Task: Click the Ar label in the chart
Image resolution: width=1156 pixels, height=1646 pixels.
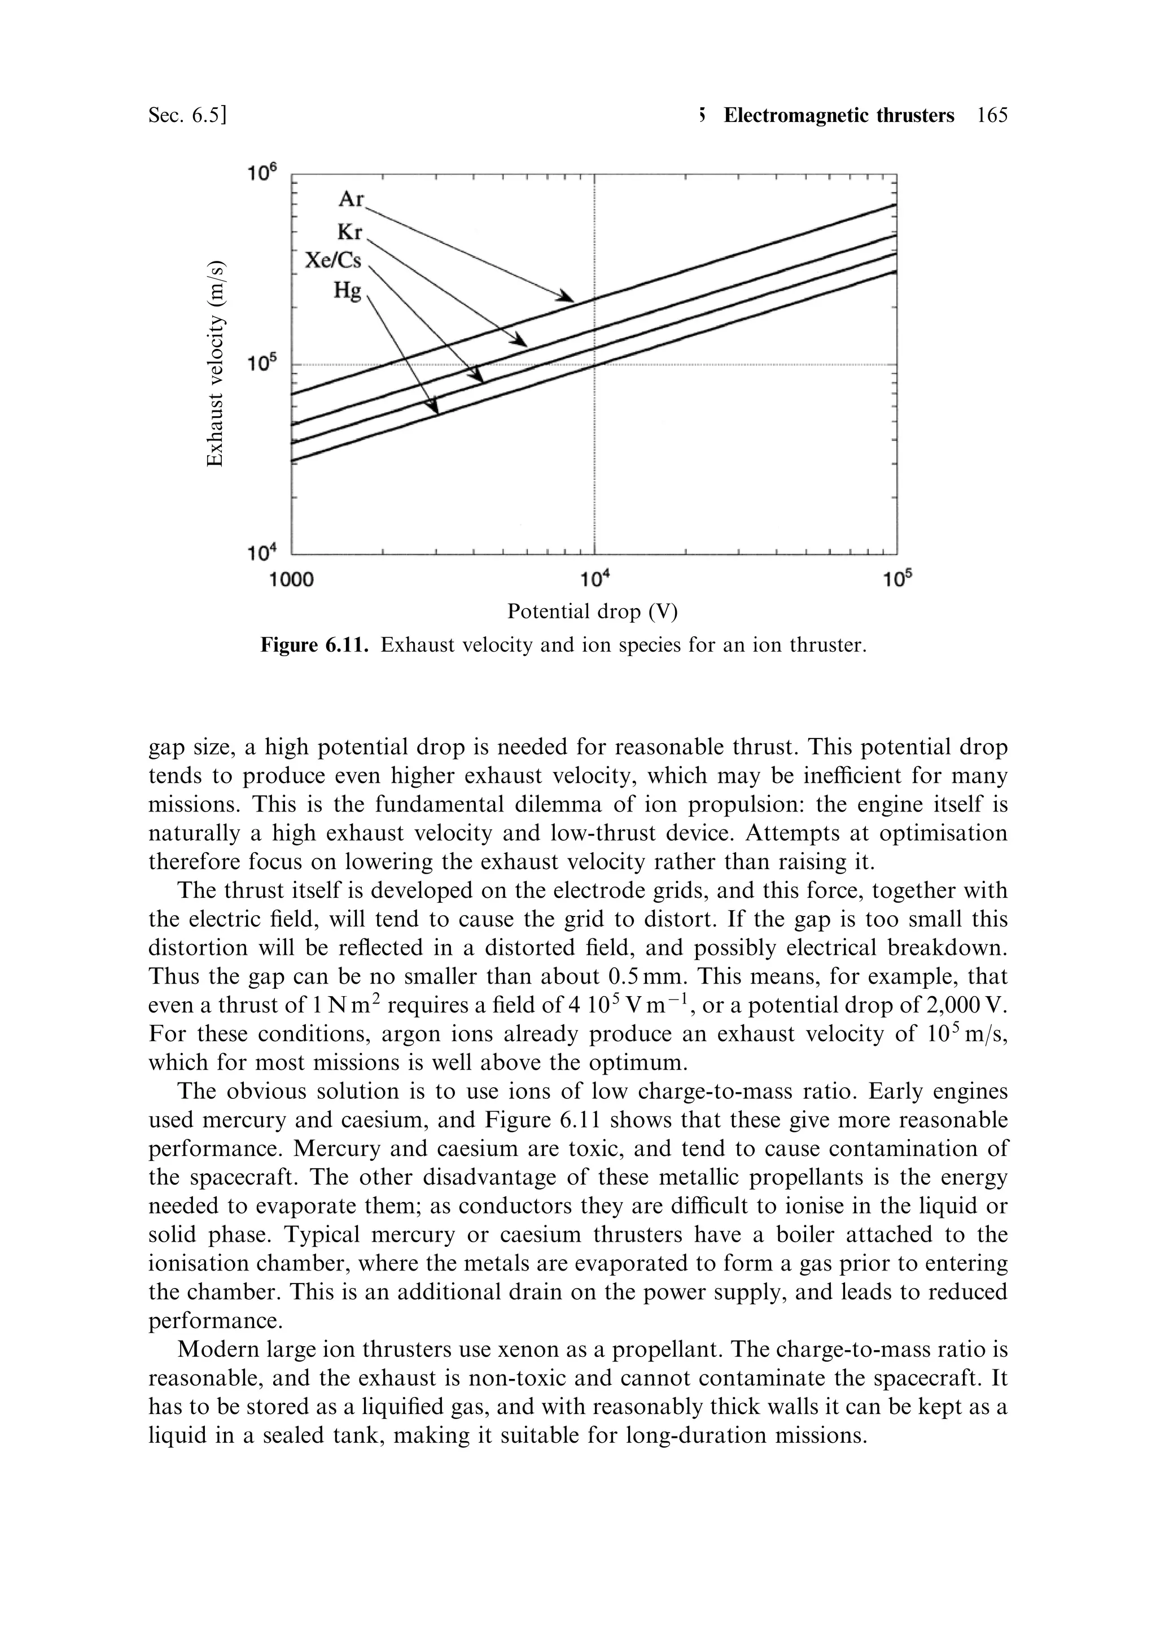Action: [x=351, y=199]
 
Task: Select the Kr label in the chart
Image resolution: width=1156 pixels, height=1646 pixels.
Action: [x=351, y=232]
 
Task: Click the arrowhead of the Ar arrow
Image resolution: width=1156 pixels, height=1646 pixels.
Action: [x=566, y=297]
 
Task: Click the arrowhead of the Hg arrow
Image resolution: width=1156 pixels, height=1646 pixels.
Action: [x=433, y=409]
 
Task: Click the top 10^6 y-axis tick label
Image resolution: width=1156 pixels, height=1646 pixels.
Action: [x=261, y=173]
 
